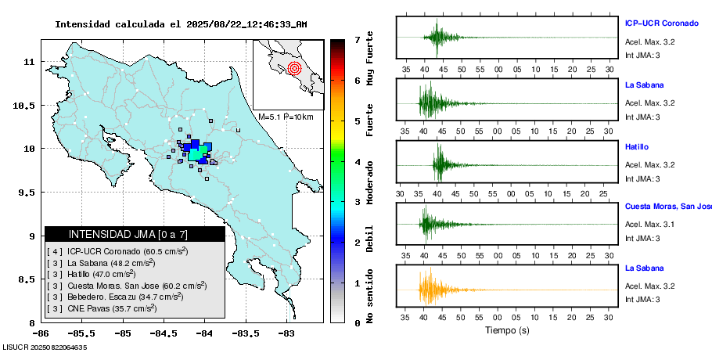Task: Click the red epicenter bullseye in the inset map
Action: click(294, 68)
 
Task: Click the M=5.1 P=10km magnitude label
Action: click(286, 117)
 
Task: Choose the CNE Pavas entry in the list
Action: click(102, 308)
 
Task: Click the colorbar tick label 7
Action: click(357, 39)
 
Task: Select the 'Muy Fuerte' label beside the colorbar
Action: click(370, 59)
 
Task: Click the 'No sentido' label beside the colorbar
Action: click(370, 299)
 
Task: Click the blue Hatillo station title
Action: click(637, 146)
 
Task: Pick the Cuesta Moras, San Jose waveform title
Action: click(667, 207)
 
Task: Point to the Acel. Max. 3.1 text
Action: click(649, 225)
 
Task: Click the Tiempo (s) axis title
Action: click(508, 329)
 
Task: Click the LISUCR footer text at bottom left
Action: click(45, 347)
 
